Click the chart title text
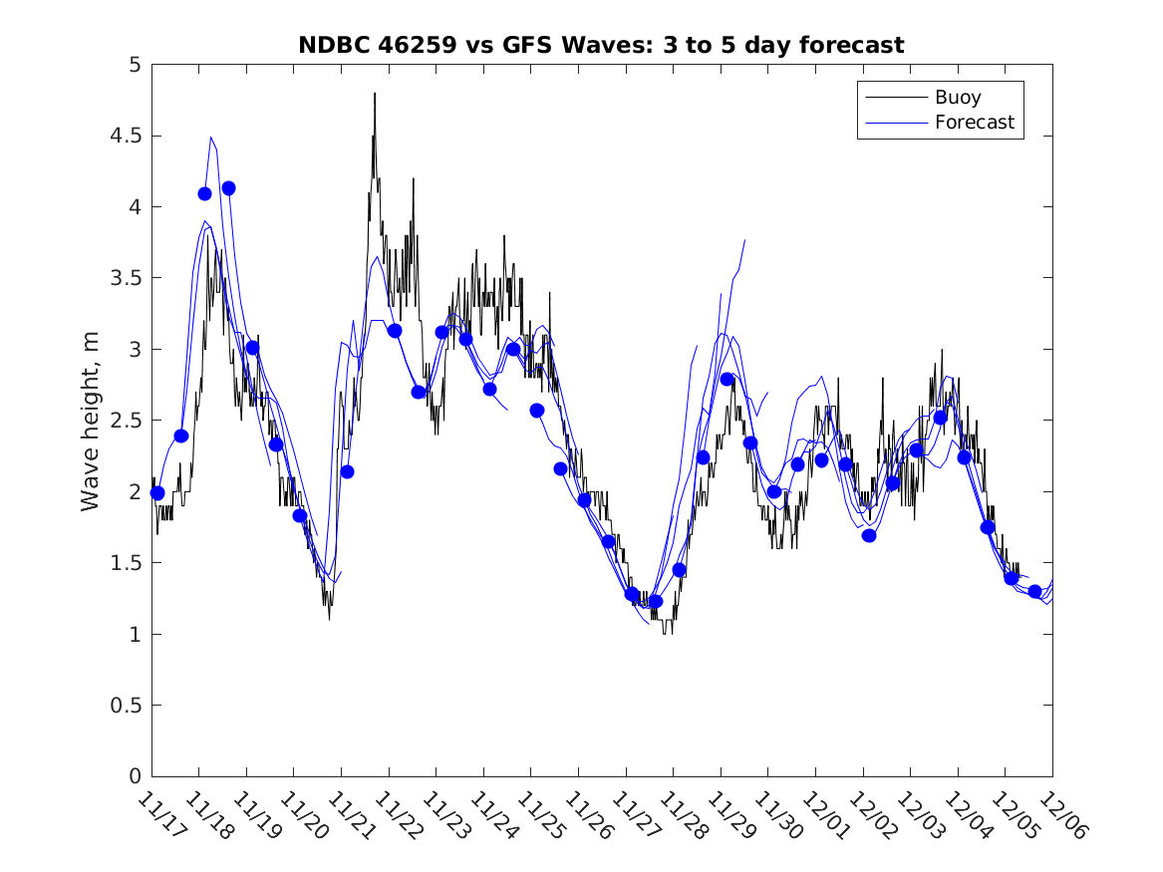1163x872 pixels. point(601,45)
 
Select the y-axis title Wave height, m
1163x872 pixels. point(91,421)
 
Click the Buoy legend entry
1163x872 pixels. point(957,98)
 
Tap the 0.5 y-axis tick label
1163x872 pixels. point(127,706)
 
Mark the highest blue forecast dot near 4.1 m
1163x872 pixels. point(228,188)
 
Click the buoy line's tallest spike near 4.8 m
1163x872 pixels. point(375,94)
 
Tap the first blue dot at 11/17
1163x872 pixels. point(156,492)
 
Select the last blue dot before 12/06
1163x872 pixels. point(1034,591)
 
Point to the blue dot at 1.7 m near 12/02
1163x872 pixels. point(869,535)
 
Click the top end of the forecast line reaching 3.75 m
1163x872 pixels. point(744,240)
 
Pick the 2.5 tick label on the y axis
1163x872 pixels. point(127,421)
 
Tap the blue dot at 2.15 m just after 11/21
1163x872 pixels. point(347,471)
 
